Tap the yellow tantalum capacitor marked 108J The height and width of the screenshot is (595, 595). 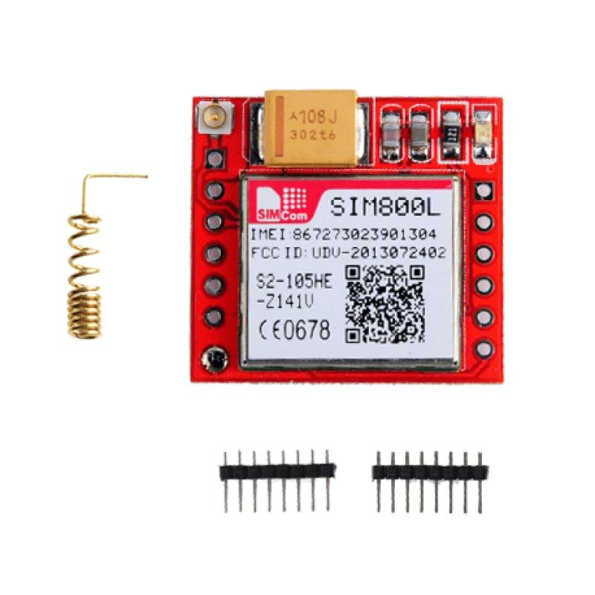[x=311, y=128]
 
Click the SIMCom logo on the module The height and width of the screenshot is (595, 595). [x=283, y=204]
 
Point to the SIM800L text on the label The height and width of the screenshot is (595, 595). [x=385, y=208]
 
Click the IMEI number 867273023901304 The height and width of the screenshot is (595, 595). [x=364, y=235]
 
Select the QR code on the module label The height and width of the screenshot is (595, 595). [x=385, y=304]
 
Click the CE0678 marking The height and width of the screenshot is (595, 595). [x=294, y=330]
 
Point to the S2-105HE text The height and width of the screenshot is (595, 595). [x=294, y=283]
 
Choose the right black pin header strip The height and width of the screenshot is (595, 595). [x=430, y=482]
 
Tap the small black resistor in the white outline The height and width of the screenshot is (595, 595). [x=451, y=134]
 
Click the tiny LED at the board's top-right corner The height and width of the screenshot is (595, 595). [x=483, y=135]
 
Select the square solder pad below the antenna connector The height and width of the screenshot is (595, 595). [x=214, y=158]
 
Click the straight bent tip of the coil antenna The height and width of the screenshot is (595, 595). [x=116, y=176]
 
